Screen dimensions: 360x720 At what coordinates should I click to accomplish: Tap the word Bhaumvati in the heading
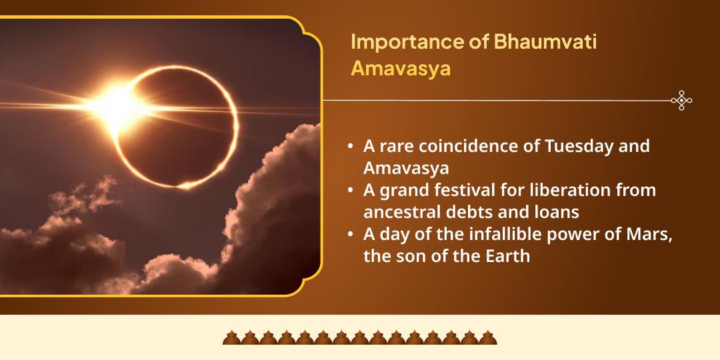tap(545, 42)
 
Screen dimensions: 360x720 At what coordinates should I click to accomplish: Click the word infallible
tap(500, 234)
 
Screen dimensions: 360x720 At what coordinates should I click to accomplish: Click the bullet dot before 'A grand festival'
tap(351, 191)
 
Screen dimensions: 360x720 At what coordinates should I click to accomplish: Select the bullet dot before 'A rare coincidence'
tap(351, 147)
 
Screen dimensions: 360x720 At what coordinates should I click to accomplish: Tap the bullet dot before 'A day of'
tap(351, 235)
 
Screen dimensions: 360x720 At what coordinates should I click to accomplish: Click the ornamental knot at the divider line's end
tap(681, 101)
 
